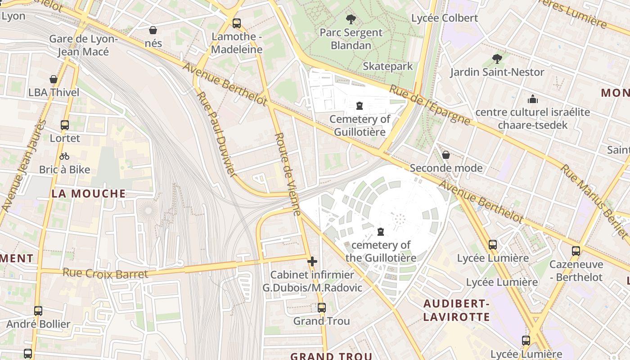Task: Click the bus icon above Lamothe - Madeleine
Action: pos(237,23)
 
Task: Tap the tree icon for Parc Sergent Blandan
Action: pos(351,19)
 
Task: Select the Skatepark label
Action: pos(387,67)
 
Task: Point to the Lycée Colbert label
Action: pos(444,18)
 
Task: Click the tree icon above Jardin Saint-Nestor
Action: pos(497,59)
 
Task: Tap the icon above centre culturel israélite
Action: pos(533,99)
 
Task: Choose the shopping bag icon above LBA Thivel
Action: pos(54,80)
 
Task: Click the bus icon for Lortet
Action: pos(65,125)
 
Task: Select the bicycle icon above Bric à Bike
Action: pos(64,157)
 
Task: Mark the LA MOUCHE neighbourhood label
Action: pos(89,193)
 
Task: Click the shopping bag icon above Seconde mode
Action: pos(445,155)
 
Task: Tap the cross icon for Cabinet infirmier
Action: pos(312,261)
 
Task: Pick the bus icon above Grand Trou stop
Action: pos(321,308)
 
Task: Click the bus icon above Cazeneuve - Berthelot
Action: pos(576,251)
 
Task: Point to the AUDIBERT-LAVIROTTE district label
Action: pos(456,310)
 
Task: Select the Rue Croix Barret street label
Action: pos(105,273)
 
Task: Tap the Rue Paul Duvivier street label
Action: pos(216,134)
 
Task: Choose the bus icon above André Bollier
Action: pos(38,311)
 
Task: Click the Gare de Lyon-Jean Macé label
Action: pos(83,45)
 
